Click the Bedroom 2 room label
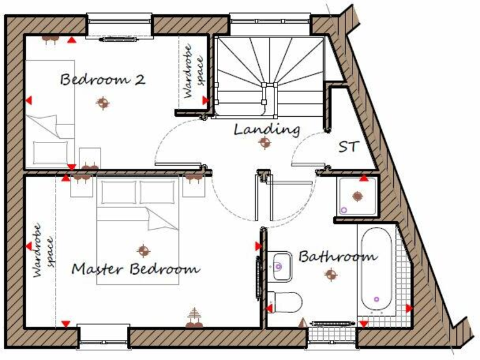tap(103, 79)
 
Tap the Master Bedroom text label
tap(136, 269)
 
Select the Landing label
tap(267, 129)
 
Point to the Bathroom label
tap(337, 256)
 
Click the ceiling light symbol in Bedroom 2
tap(102, 102)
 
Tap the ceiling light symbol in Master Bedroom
tap(144, 250)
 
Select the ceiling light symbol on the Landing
tap(266, 143)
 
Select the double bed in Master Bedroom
tap(138, 231)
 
